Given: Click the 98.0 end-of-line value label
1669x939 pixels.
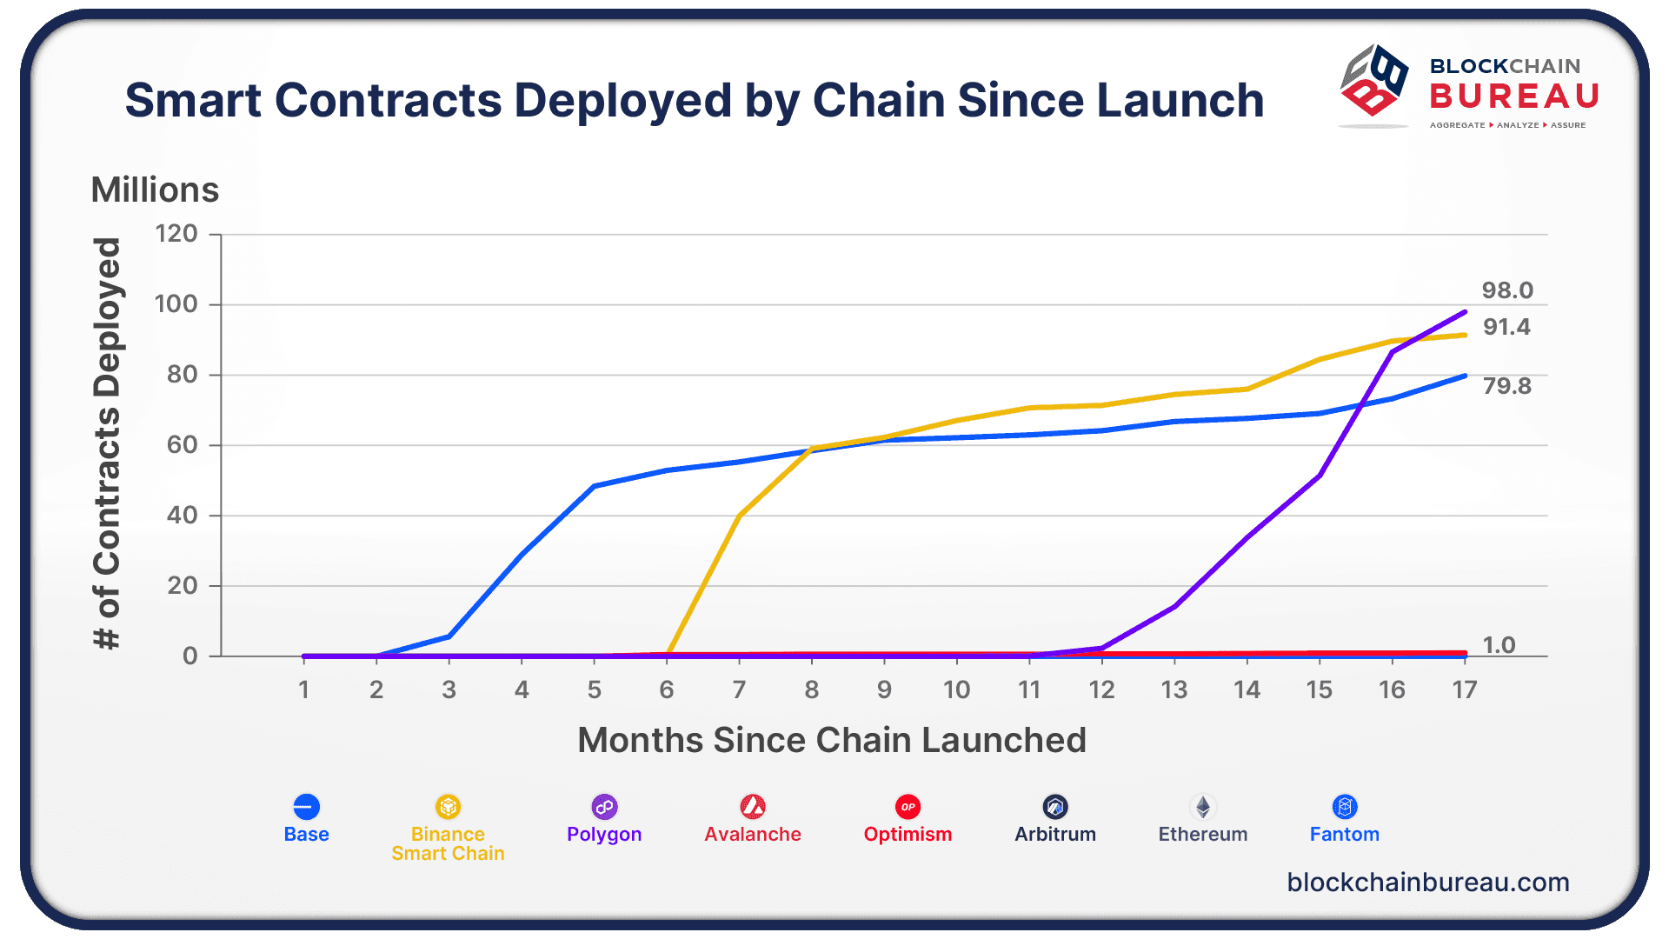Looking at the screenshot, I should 1507,290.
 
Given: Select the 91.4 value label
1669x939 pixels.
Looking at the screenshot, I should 1506,327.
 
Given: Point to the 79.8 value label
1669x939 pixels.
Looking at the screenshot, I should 1506,386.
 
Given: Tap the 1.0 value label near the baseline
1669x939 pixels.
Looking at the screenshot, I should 1499,645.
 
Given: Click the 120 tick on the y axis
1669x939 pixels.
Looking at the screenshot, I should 176,234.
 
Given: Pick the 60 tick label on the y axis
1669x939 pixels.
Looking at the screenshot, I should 182,445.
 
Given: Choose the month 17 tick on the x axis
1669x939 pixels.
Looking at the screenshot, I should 1465,689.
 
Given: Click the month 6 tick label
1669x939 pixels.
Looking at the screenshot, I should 667,689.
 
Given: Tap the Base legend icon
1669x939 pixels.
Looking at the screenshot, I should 306,807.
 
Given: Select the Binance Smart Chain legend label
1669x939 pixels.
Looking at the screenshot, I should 448,843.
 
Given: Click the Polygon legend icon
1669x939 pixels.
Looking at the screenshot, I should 604,807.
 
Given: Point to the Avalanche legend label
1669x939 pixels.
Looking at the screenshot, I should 753,835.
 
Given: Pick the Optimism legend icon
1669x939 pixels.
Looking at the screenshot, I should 908,807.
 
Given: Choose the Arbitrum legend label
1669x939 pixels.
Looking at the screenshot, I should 1055,835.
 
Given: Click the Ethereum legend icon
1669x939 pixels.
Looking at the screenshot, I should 1203,807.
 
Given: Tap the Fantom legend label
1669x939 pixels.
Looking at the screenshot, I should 1345,835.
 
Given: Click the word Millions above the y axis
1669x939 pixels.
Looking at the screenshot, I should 155,190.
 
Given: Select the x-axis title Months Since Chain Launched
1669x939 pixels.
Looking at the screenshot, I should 832,740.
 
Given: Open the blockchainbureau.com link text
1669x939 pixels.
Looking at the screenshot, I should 1428,882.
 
